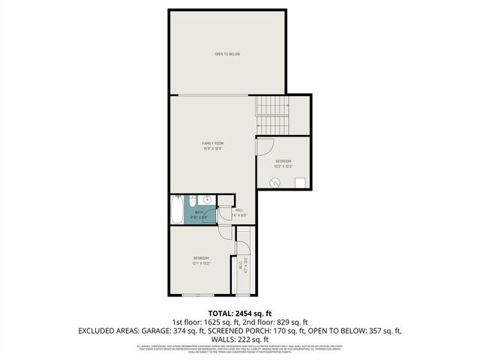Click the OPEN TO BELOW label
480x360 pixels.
[x=227, y=54]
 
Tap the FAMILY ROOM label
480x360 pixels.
[x=212, y=143]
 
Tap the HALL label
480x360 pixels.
[x=239, y=210]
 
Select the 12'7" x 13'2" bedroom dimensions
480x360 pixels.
[x=200, y=263]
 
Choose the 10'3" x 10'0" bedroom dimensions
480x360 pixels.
[x=283, y=166]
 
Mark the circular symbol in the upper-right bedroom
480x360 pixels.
[x=275, y=181]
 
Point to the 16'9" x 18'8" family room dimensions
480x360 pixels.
[x=212, y=148]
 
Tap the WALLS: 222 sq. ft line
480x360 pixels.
[x=239, y=339]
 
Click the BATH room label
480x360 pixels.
[x=199, y=212]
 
